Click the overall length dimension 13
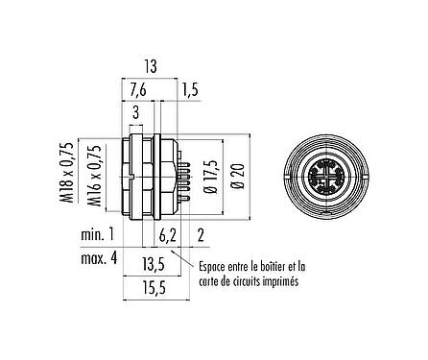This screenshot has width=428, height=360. click(150, 67)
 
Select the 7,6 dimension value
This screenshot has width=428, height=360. click(138, 90)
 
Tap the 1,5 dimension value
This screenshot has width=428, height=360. click(191, 90)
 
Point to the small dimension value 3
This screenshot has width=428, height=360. click(135, 113)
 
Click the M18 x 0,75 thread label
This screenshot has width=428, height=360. click(68, 172)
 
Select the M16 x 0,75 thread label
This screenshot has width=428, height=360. click(95, 176)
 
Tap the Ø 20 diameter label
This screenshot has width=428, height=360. click(240, 177)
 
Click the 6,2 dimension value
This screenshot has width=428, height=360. click(167, 236)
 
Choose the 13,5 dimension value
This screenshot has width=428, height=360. click(153, 264)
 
